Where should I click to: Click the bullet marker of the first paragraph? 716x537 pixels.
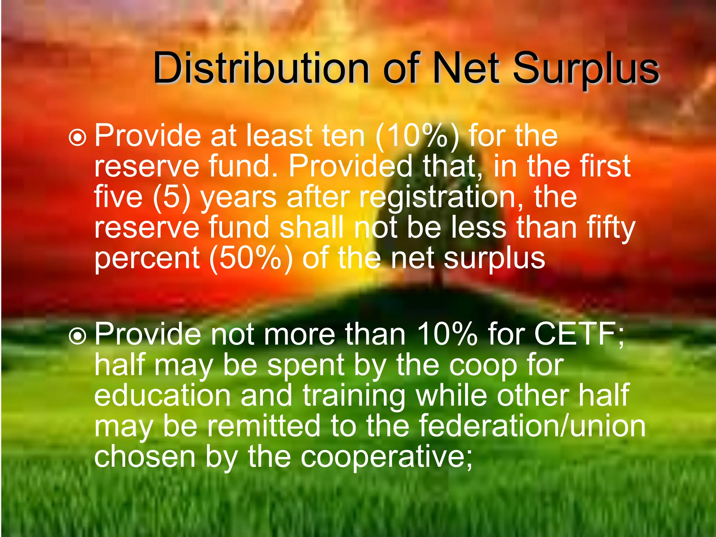point(77,137)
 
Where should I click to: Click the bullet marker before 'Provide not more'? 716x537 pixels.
point(77,336)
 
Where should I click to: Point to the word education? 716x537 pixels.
point(163,395)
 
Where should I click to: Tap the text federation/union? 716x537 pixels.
point(532,425)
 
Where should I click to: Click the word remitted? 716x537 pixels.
point(264,425)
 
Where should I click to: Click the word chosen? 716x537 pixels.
point(144,456)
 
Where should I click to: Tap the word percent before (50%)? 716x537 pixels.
point(147,259)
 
